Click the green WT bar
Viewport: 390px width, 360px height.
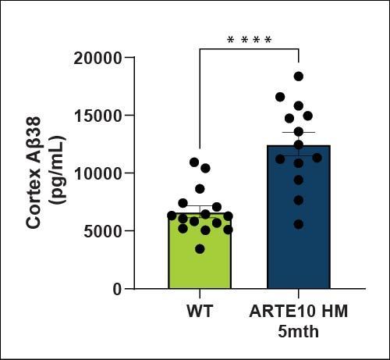(200, 258)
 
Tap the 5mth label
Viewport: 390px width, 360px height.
(299, 331)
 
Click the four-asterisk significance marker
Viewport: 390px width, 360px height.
(250, 40)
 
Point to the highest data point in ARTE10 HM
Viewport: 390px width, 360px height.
(299, 77)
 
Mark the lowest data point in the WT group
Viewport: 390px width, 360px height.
(200, 248)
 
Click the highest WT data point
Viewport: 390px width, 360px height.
(194, 162)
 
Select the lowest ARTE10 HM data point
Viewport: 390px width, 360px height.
(299, 224)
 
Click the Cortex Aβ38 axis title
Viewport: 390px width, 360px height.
(34, 173)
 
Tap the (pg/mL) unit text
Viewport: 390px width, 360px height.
(56, 173)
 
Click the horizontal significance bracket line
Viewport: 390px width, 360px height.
(250, 49)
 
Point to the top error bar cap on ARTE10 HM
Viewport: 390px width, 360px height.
(299, 133)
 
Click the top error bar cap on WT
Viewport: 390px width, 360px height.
(200, 207)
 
